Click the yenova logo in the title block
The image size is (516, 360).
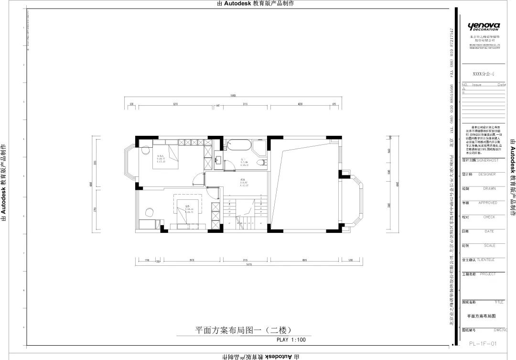pyautogui.click(x=484, y=26)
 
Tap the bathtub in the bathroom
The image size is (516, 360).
pyautogui.click(x=237, y=144)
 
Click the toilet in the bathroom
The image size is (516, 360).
pyautogui.click(x=261, y=164)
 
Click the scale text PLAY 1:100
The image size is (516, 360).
pyautogui.click(x=291, y=340)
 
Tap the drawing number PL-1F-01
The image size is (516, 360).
pyautogui.click(x=484, y=343)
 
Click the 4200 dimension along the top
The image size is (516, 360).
pyautogui.click(x=300, y=103)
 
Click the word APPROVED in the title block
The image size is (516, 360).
pyautogui.click(x=488, y=203)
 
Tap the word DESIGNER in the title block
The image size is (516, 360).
pyautogui.click(x=487, y=175)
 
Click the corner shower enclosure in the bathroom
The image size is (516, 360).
pyautogui.click(x=259, y=147)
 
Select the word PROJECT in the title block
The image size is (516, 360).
pyautogui.click(x=487, y=274)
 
